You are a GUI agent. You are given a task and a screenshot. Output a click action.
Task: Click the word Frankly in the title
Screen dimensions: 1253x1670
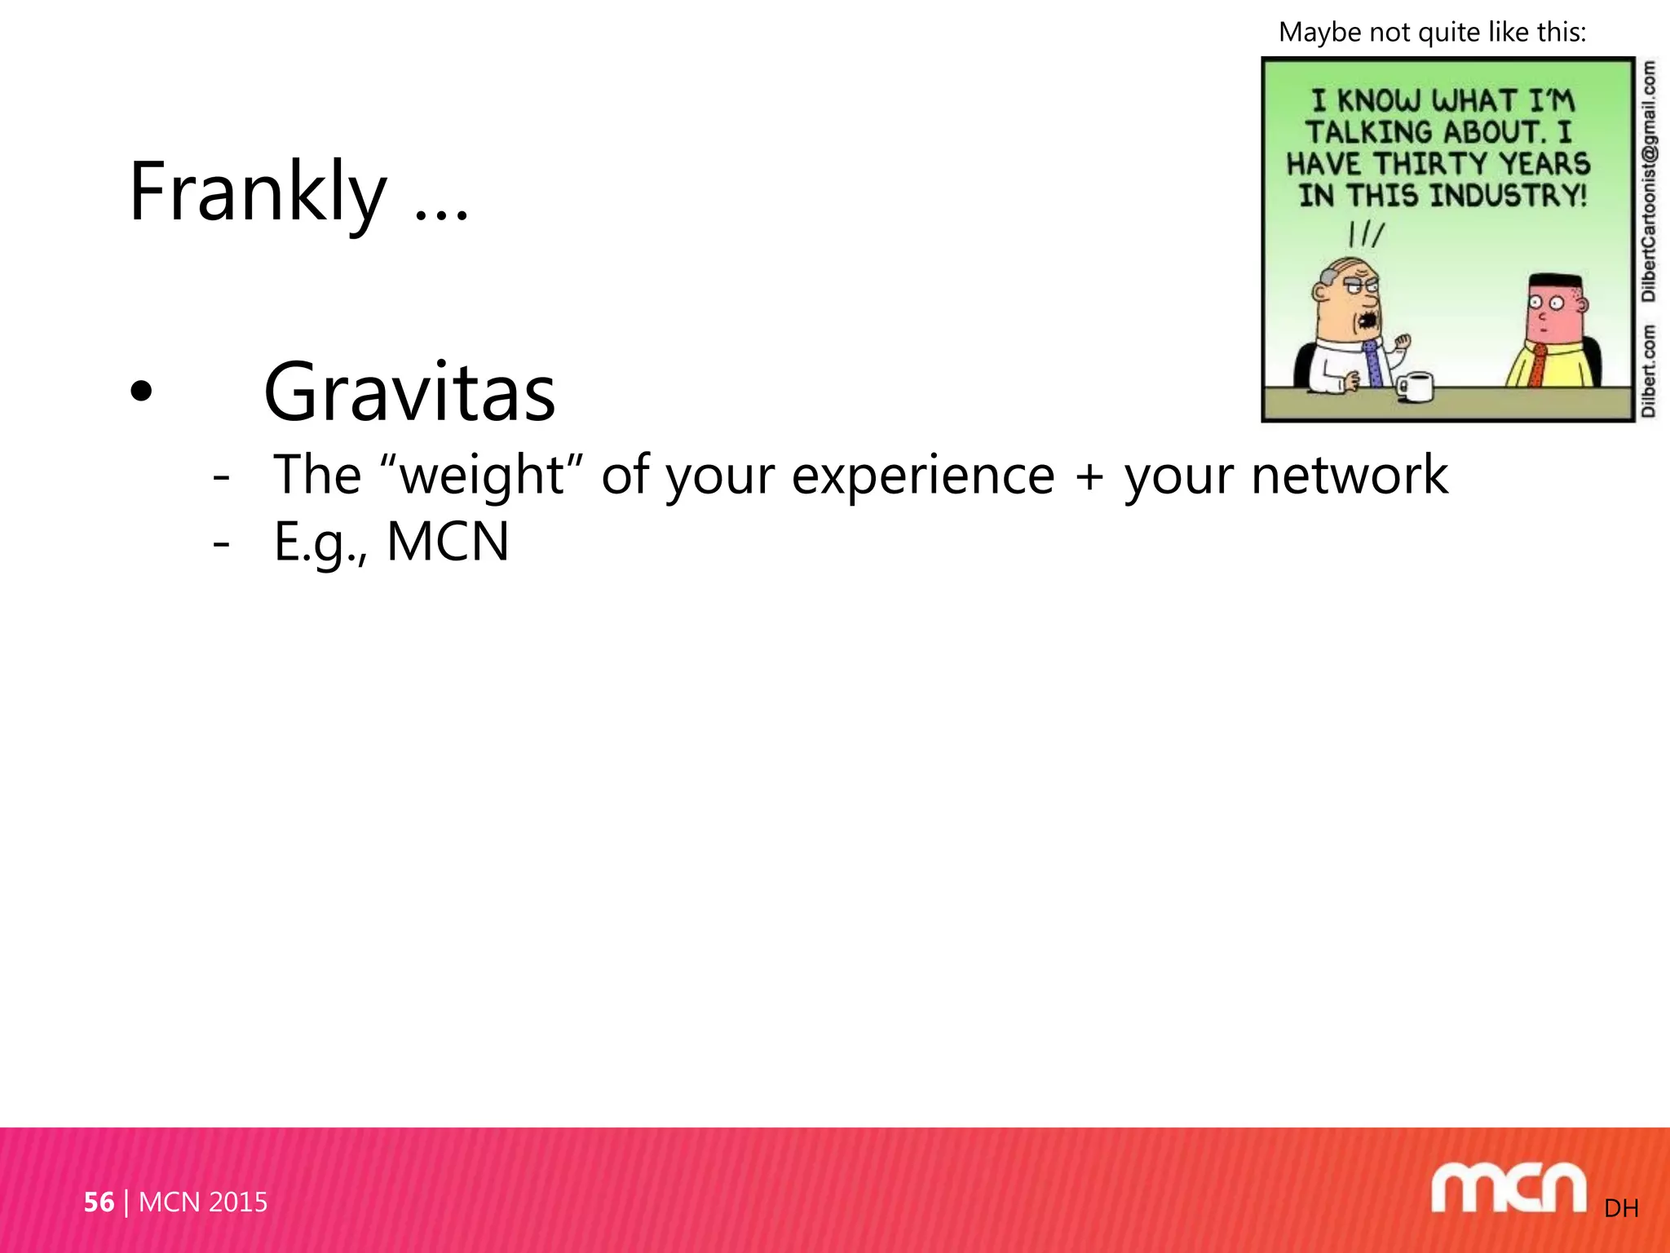pos(258,193)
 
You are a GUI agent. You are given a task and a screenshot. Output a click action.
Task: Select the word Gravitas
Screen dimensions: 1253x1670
pos(409,393)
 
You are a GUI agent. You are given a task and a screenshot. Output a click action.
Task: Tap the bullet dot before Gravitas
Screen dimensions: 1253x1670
pos(141,392)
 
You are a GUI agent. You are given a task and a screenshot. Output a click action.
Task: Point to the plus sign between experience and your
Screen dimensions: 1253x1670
pos(1089,476)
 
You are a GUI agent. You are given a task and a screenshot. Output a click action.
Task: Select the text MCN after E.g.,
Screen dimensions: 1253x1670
pos(448,542)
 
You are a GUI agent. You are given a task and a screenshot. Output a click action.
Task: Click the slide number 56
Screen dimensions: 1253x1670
pos(99,1202)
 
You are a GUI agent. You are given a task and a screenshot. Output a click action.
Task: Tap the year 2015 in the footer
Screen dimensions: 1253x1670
pos(237,1202)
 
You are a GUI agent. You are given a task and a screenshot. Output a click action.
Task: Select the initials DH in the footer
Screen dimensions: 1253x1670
pos(1621,1208)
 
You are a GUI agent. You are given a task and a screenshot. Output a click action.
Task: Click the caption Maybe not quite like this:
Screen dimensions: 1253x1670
pos(1433,33)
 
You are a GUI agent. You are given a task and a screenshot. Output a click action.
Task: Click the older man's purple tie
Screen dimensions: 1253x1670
pos(1373,364)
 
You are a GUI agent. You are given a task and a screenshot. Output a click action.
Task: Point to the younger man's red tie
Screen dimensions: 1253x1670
pos(1536,366)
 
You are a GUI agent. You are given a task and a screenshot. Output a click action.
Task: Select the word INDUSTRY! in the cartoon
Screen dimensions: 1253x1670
pos(1509,196)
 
